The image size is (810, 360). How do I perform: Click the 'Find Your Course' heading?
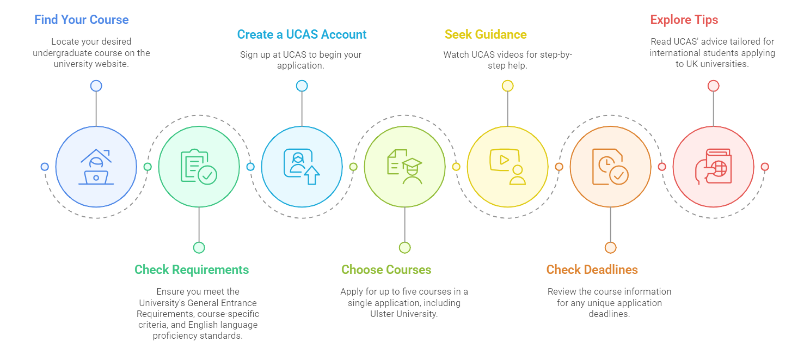82,20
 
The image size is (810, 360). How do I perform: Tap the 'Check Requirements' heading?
192,270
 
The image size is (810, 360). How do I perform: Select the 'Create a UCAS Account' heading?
302,35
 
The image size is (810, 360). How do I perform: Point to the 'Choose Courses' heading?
386,270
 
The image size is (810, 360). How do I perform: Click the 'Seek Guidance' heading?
486,35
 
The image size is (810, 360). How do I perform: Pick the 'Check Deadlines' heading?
592,270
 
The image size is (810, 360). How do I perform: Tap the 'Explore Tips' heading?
684,20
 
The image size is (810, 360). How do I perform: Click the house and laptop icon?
96,167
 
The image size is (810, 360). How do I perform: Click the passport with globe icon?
713,167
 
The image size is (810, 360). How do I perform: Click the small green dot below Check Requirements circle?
199,248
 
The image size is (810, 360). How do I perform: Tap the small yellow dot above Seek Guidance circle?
507,86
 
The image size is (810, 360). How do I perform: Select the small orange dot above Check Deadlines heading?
610,248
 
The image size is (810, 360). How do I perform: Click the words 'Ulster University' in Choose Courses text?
403,314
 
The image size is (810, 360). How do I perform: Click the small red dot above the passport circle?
713,86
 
